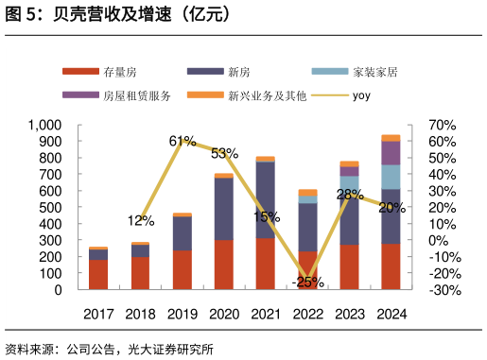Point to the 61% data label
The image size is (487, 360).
point(183,141)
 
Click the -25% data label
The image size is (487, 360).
point(307,282)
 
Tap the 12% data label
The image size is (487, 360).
point(141,221)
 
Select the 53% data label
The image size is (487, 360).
point(224,153)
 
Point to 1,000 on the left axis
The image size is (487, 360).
point(44,125)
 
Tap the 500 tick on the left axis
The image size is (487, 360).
point(50,208)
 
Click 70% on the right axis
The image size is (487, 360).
point(442,125)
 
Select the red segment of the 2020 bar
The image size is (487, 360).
point(224,265)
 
